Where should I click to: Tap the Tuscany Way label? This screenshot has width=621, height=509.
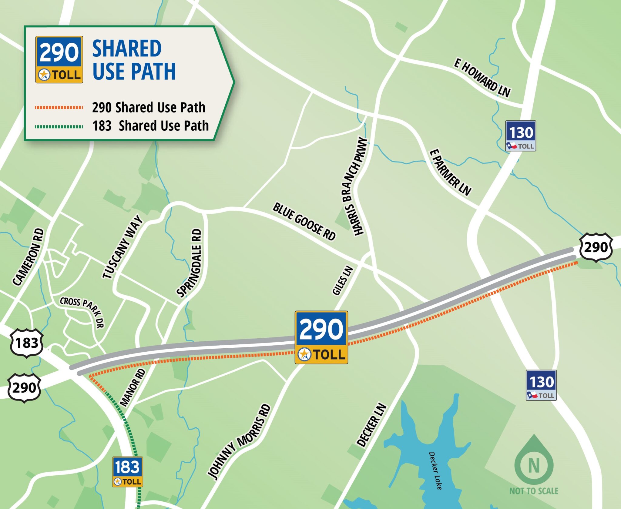click(x=123, y=247)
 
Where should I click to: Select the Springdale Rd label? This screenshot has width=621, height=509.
click(x=190, y=263)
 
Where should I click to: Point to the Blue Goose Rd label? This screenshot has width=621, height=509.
click(x=304, y=222)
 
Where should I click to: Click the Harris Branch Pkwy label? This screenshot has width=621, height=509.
click(x=355, y=186)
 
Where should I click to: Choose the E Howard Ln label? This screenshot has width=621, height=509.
click(x=482, y=78)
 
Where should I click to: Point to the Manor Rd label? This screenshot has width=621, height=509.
click(x=133, y=387)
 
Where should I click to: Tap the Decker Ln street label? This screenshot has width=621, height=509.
click(x=372, y=425)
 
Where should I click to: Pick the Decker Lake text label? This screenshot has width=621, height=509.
click(x=435, y=471)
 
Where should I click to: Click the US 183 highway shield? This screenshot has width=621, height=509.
click(x=27, y=343)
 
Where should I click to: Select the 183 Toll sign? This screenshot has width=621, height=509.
click(x=127, y=472)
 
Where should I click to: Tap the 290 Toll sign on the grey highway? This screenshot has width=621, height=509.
click(x=321, y=337)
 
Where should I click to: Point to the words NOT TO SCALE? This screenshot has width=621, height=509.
click(x=534, y=491)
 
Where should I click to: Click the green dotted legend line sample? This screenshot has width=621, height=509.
click(x=59, y=126)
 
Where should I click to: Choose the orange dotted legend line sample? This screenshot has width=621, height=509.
click(x=59, y=107)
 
